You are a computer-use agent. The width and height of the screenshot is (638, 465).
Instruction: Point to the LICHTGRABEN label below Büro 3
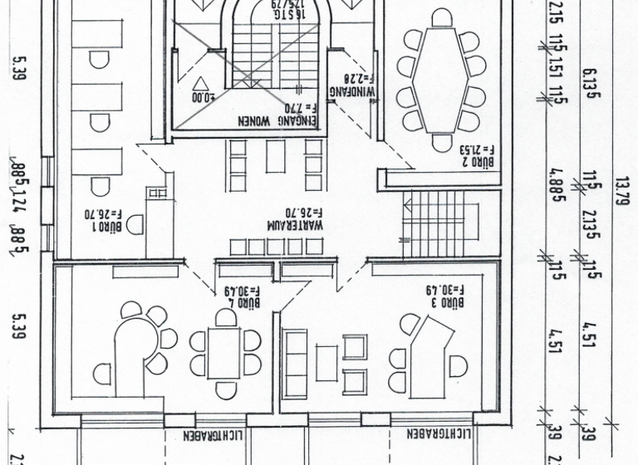pos(440,433)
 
